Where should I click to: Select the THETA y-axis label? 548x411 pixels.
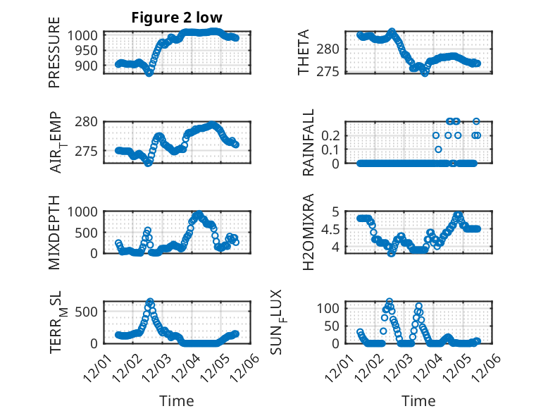pyautogui.click(x=304, y=53)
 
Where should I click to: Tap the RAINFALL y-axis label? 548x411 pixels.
pyautogui.click(x=309, y=142)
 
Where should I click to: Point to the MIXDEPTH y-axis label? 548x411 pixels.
pyautogui.click(x=54, y=233)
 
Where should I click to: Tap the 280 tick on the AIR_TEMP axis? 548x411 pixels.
pyautogui.click(x=89, y=121)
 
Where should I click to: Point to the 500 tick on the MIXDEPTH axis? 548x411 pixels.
pyautogui.click(x=89, y=232)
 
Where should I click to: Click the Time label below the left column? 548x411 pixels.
pyautogui.click(x=176, y=400)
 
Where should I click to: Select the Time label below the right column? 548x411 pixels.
pyautogui.click(x=418, y=400)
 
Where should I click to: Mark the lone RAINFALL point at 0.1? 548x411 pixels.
pyautogui.click(x=438, y=149)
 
